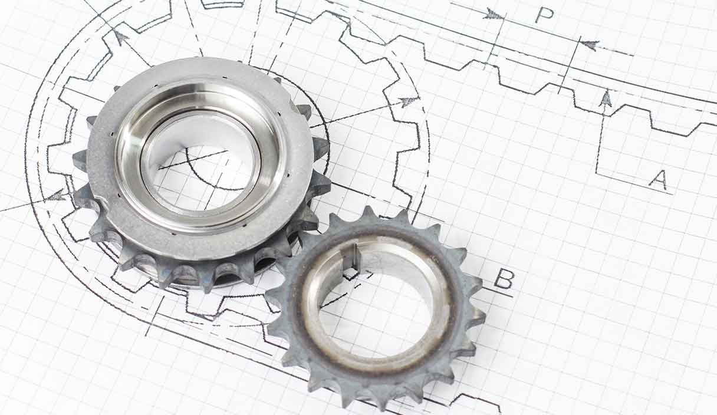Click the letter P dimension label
(544, 15)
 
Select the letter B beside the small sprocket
(504, 278)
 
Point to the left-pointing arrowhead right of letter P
(590, 45)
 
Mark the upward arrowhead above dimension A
(606, 98)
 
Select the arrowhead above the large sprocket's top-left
(121, 37)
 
